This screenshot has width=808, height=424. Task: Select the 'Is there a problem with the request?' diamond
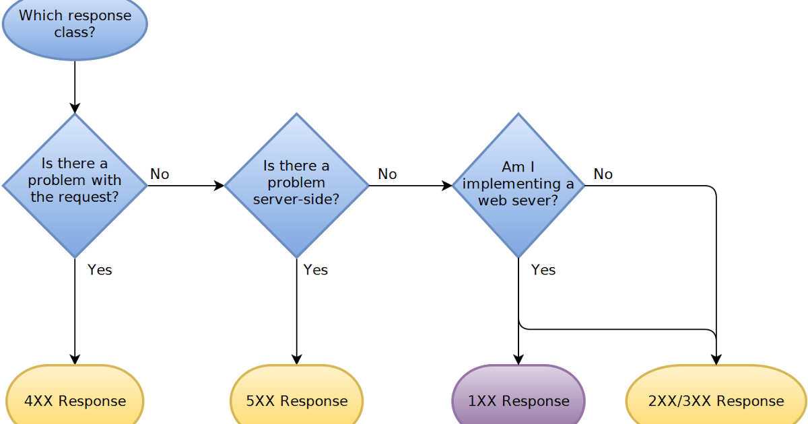(x=75, y=185)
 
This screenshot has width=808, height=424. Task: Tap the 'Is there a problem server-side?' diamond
(x=296, y=185)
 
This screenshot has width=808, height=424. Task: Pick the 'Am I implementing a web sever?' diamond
(x=518, y=185)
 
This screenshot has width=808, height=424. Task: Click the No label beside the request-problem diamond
(x=160, y=174)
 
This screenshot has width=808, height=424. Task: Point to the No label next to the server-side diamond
(x=387, y=174)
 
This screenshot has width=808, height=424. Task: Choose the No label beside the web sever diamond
(x=603, y=174)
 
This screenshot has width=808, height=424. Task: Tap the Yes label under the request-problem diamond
(x=100, y=270)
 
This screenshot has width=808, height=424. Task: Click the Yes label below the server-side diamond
(x=315, y=270)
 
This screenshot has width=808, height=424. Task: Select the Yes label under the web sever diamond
(x=543, y=270)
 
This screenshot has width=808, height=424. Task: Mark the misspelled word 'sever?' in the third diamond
(x=537, y=200)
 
